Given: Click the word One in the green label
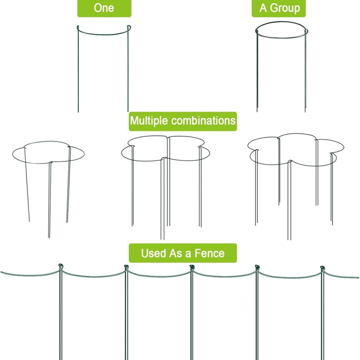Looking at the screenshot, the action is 104,8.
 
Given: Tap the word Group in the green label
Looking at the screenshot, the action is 285,8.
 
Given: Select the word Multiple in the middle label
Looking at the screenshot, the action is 149,121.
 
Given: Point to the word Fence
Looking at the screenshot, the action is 209,253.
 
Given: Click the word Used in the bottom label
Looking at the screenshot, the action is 153,253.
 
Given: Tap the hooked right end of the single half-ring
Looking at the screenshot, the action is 129,28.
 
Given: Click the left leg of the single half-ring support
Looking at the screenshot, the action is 78,69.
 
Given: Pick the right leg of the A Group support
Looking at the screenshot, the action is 306,71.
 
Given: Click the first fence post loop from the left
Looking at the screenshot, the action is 61,267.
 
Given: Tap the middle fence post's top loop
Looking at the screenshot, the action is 192,267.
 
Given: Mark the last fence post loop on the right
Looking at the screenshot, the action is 323,268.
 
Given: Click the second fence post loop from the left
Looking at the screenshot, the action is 126,267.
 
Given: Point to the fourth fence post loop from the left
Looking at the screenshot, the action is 257,268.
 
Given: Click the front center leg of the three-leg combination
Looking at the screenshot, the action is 49,200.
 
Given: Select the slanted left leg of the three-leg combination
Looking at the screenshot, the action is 27,184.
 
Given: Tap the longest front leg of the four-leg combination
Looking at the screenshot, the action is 162,198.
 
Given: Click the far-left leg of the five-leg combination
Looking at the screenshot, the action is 256,188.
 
